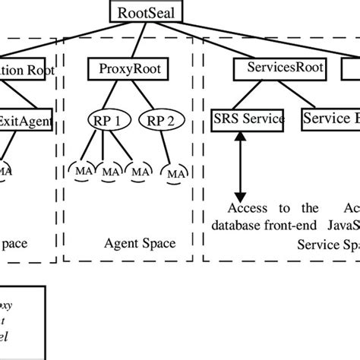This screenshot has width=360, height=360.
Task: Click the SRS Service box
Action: (x=248, y=118)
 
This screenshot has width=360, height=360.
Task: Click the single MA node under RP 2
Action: (x=175, y=174)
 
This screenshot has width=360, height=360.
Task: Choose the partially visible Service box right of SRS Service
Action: (x=331, y=118)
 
